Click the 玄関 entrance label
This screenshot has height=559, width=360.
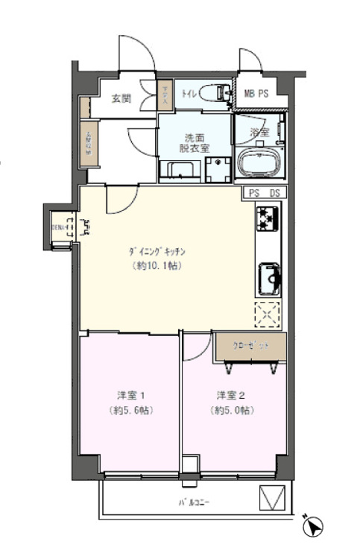point(121,98)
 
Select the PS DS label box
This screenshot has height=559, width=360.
point(264,193)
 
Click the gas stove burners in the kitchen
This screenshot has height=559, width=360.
point(268,218)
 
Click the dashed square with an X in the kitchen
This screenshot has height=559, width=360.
point(268,314)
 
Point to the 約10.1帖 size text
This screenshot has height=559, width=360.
point(157,266)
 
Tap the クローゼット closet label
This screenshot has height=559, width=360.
point(250,346)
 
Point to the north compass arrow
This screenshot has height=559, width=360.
point(315,527)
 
